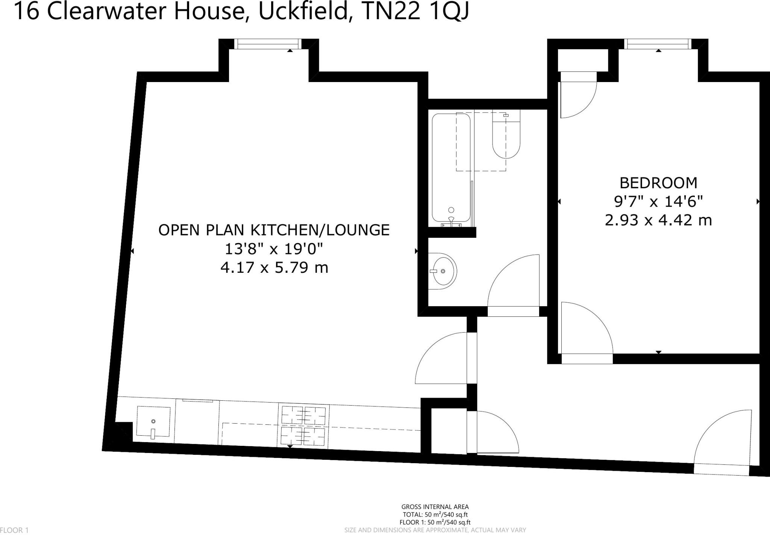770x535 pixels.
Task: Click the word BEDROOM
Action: pos(658,183)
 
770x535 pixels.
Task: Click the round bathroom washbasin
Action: pos(443,271)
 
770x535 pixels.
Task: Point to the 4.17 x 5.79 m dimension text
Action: pos(274,268)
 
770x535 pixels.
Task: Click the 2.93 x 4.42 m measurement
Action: pos(658,220)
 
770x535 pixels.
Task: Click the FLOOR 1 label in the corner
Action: pos(14,530)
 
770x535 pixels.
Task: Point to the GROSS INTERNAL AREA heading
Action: pos(435,507)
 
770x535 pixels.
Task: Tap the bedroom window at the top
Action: pos(658,44)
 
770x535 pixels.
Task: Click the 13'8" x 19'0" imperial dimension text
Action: pos(274,249)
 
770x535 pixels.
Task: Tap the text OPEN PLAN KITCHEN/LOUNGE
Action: pos(274,230)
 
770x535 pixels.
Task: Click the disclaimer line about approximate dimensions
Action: pos(435,530)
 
